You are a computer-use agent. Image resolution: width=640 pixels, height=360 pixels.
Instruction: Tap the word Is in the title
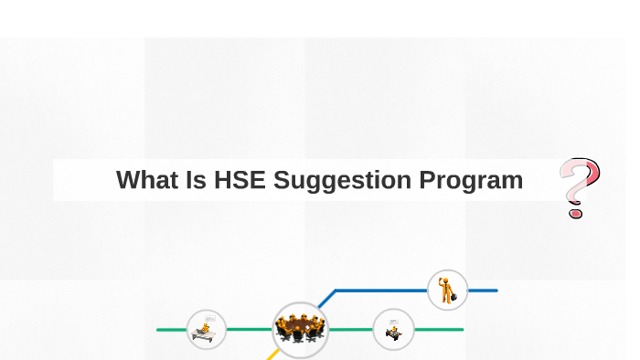tap(195, 180)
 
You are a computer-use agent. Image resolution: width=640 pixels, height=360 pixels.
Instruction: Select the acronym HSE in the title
tap(240, 180)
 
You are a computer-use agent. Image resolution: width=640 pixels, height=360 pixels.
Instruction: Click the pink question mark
tap(580, 183)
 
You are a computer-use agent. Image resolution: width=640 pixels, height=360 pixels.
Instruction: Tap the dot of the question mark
tap(575, 213)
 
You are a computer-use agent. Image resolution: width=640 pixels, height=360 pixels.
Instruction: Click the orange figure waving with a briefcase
tap(447, 290)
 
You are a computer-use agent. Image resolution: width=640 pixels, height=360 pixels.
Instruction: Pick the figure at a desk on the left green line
tap(206, 329)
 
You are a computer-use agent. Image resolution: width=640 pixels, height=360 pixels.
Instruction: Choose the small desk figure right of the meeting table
tap(393, 330)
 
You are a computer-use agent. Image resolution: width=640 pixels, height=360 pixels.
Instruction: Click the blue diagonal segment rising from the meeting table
tap(326, 299)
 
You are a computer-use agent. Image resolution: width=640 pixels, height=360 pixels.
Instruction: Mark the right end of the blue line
tap(496, 291)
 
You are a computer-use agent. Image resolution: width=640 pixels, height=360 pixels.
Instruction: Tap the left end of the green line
tap(159, 329)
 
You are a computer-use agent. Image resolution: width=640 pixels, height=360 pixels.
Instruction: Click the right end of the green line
tap(461, 329)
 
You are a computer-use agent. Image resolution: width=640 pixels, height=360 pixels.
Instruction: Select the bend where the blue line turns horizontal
tap(336, 291)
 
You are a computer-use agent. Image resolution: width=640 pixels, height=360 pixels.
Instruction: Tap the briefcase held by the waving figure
tap(453, 296)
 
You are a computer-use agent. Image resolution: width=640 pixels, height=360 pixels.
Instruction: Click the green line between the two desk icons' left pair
tap(249, 329)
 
